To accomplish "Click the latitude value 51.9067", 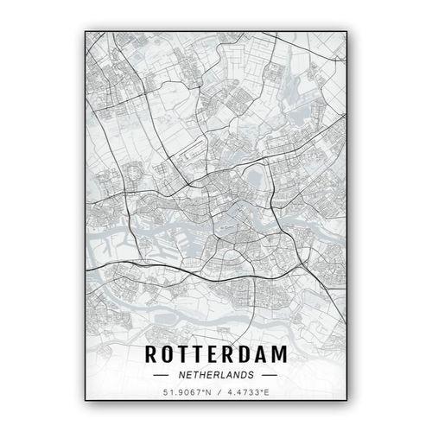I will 176,394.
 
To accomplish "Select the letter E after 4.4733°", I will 268,394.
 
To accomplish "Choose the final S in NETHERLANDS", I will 251,376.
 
